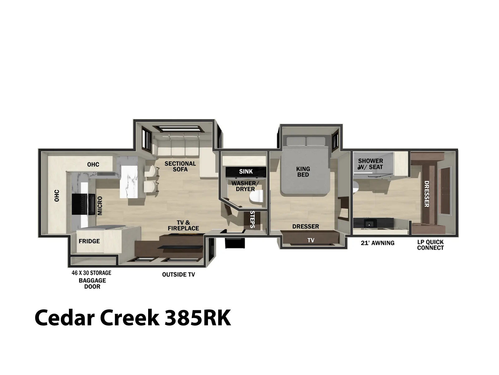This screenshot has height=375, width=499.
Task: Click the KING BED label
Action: (x=303, y=172)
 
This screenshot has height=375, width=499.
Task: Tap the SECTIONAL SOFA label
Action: (x=180, y=166)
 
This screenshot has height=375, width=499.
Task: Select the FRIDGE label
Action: (x=89, y=241)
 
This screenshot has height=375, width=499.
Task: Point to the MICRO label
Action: (x=100, y=206)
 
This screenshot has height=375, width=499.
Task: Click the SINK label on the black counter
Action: (x=246, y=172)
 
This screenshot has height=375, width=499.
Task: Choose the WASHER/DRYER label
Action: (x=245, y=186)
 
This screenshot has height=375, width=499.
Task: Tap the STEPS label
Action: (x=252, y=219)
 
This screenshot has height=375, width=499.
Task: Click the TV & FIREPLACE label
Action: (x=183, y=225)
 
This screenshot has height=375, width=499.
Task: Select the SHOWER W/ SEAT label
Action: (x=371, y=164)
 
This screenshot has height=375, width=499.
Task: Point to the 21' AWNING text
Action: (x=378, y=243)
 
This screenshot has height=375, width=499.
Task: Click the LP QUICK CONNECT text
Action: (x=430, y=245)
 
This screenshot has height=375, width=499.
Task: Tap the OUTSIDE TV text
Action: (x=178, y=275)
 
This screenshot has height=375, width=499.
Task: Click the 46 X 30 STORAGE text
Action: (x=91, y=273)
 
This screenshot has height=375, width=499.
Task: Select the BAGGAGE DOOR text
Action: (x=92, y=283)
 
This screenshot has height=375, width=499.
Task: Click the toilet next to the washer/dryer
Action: (x=256, y=197)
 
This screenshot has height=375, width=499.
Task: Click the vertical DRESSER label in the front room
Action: (x=427, y=194)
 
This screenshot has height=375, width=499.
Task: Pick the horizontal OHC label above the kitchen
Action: (x=93, y=164)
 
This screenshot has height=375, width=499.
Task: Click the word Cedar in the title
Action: (x=65, y=318)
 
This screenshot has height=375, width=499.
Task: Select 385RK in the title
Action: (x=198, y=318)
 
